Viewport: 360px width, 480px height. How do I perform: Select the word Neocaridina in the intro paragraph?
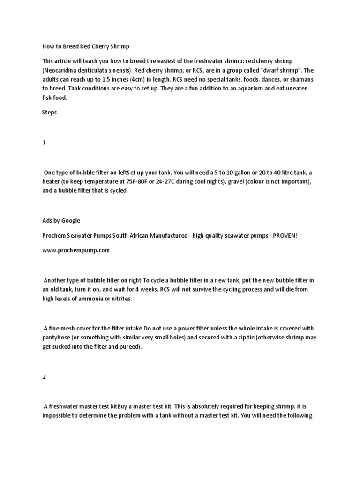click(60, 70)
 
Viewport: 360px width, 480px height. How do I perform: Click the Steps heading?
click(49, 112)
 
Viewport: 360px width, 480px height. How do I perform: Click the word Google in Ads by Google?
click(71, 220)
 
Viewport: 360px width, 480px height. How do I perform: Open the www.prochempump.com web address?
click(75, 250)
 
